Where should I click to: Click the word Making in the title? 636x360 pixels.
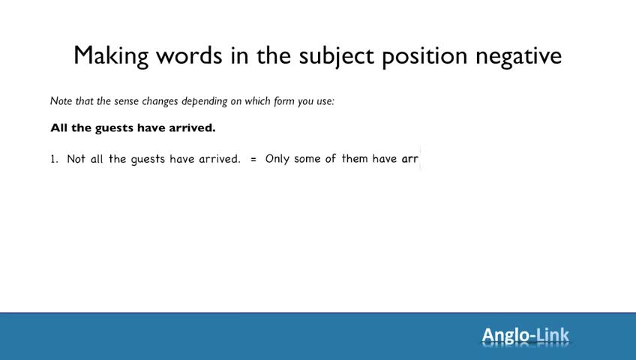click(x=111, y=56)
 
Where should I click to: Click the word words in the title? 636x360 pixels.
click(x=190, y=55)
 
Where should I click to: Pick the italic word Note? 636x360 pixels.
click(x=61, y=101)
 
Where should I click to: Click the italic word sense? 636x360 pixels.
click(x=126, y=101)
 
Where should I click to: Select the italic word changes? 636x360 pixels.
click(x=160, y=101)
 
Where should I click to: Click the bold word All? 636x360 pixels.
click(x=58, y=128)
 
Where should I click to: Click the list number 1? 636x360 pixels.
click(x=54, y=159)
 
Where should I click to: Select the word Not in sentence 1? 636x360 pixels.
click(x=76, y=158)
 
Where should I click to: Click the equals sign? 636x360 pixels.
click(x=253, y=159)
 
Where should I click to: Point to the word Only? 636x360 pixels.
click(x=277, y=159)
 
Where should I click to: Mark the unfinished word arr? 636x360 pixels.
click(x=409, y=159)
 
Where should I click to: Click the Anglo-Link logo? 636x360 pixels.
click(x=526, y=335)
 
